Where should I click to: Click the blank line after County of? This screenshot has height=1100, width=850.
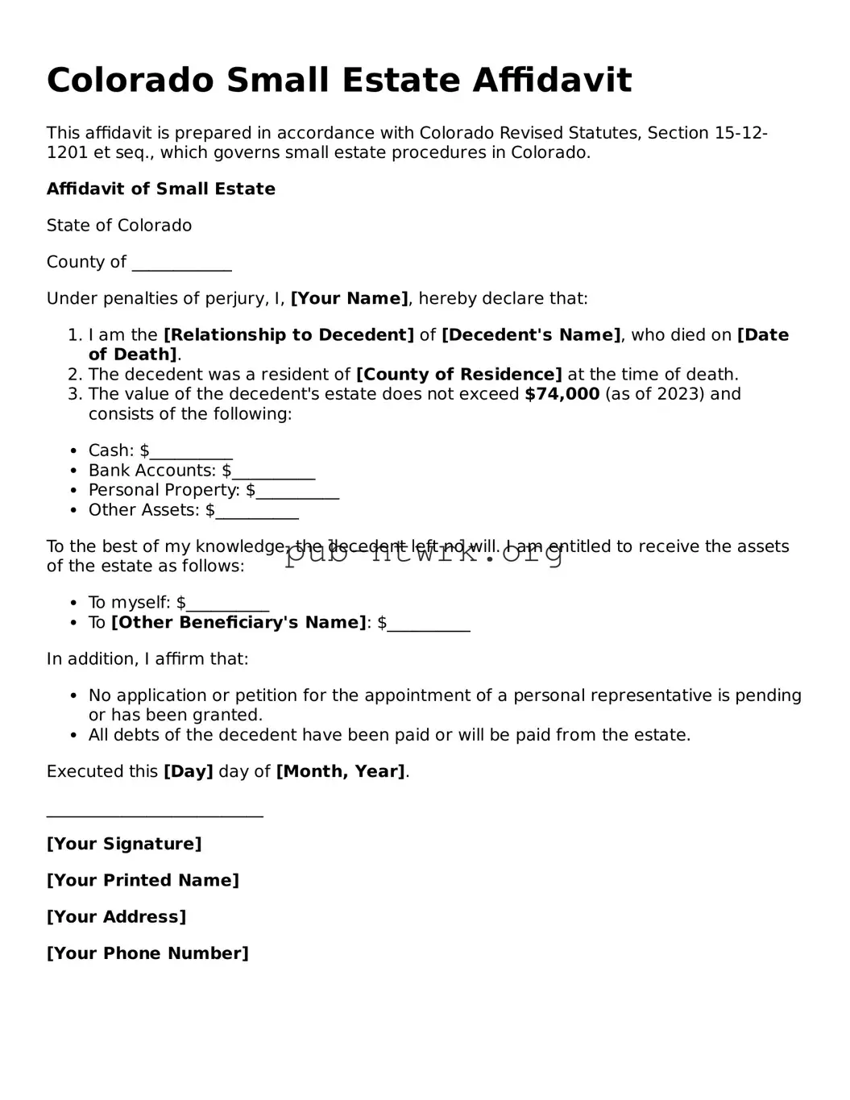click(x=181, y=264)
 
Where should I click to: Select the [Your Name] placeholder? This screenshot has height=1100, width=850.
click(x=349, y=299)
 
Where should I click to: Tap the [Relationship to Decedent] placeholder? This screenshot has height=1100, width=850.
click(x=288, y=335)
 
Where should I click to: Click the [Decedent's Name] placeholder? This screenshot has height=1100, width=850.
click(x=531, y=335)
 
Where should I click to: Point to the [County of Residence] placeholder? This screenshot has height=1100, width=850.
click(x=458, y=375)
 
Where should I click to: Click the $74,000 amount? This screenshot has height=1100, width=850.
click(x=562, y=394)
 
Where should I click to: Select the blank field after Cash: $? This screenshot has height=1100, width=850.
click(x=191, y=452)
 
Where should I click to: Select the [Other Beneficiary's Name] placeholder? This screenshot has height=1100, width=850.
click(x=238, y=623)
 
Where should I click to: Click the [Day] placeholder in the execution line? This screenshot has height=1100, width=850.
click(x=188, y=772)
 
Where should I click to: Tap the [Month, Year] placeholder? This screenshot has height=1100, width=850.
click(x=340, y=772)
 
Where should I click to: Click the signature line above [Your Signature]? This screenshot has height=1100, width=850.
click(x=155, y=814)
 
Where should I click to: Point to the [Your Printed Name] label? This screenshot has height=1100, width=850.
click(x=143, y=881)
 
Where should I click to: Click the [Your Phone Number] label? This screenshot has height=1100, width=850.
click(x=147, y=953)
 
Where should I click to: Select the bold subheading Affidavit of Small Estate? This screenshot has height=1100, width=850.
click(x=160, y=189)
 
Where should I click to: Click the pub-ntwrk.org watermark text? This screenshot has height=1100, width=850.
click(x=424, y=552)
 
